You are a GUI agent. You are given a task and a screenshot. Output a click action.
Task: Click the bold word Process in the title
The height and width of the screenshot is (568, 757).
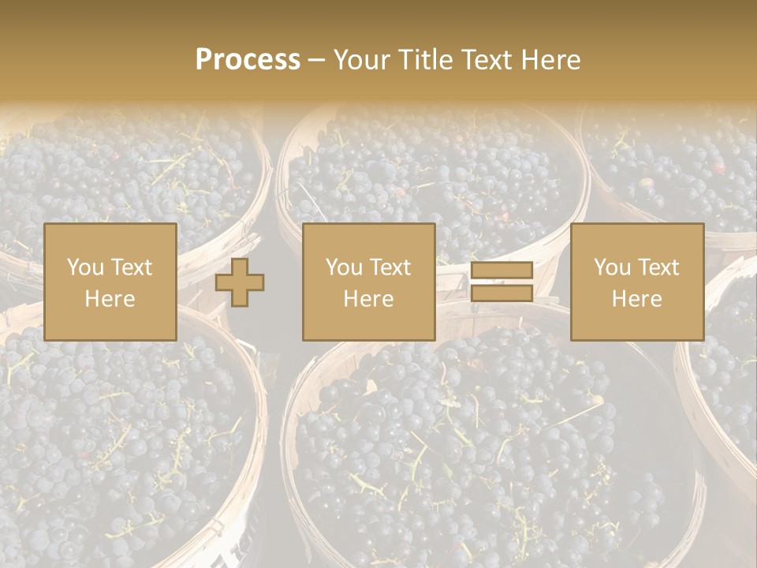click(x=248, y=60)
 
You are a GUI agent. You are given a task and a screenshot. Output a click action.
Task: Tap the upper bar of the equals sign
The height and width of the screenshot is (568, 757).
click(x=502, y=271)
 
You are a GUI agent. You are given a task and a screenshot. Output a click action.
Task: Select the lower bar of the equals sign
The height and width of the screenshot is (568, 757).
click(x=502, y=293)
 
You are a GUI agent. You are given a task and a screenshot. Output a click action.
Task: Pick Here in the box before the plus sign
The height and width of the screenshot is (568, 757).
click(x=110, y=299)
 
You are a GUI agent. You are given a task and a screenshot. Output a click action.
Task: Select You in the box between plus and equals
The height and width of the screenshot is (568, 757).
click(x=344, y=267)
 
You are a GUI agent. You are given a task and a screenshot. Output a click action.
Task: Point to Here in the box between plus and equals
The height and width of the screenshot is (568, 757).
click(x=368, y=299)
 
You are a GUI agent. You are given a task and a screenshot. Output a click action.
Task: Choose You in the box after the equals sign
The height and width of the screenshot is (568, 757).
click(x=612, y=267)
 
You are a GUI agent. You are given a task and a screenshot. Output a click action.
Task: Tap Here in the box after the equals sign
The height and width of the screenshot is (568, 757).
click(x=636, y=299)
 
